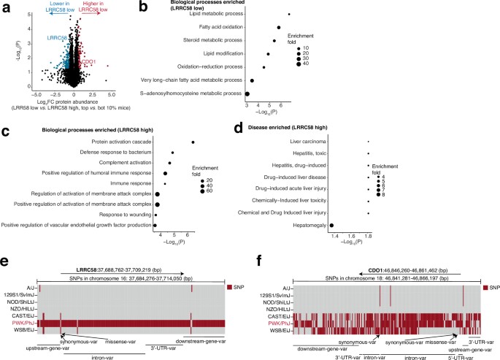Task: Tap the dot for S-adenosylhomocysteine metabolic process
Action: coord(247,93)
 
